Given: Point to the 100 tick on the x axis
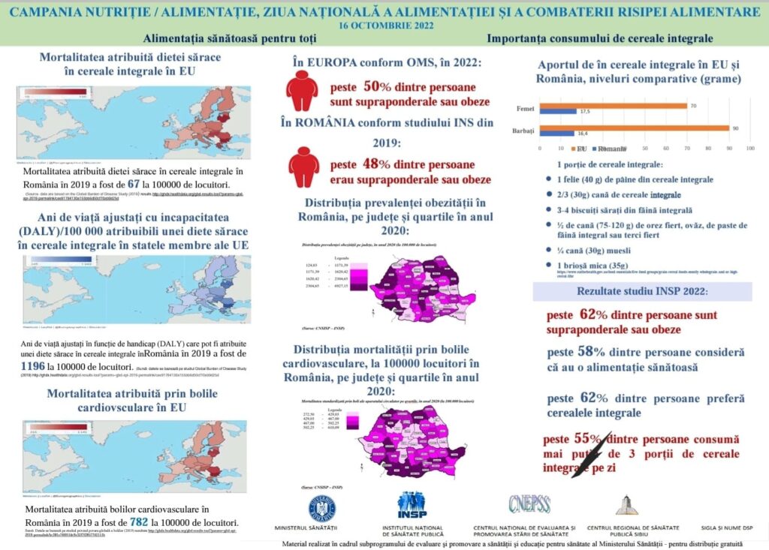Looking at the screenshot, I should [x=749, y=149].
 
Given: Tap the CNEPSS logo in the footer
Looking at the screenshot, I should [x=529, y=504].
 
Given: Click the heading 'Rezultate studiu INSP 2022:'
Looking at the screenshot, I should [x=642, y=291].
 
